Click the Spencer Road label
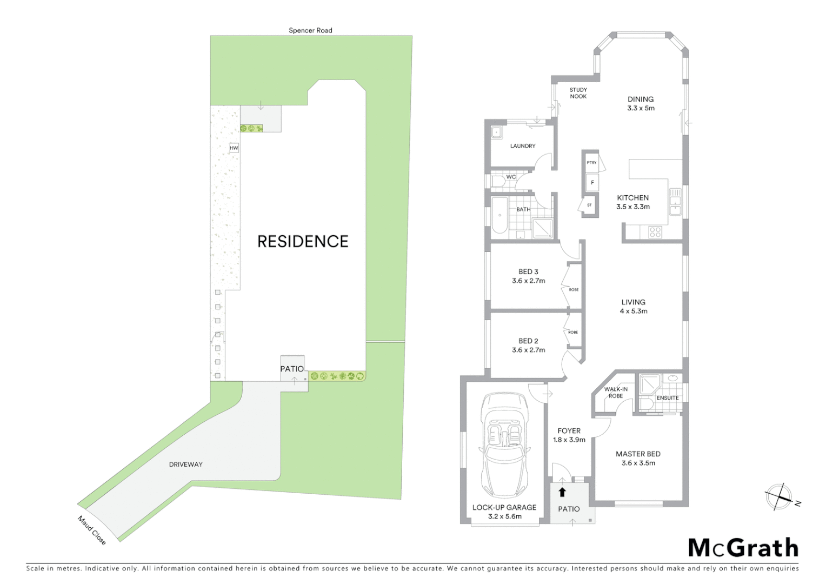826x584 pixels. point(310,30)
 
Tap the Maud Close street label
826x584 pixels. point(92,530)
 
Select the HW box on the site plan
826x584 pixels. point(234,148)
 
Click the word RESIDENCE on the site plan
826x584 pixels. point(303,241)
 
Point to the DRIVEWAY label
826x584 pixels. point(185,464)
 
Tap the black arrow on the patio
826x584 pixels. point(562,492)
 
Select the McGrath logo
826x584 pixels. point(743,548)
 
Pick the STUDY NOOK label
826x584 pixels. point(578,93)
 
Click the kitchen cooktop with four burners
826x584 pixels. point(655,232)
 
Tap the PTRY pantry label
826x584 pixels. point(591,163)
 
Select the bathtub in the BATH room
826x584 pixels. point(499,215)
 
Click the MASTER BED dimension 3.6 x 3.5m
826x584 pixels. point(638,463)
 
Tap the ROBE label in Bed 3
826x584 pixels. point(574,290)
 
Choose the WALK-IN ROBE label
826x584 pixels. point(616,393)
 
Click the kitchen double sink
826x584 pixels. point(675,201)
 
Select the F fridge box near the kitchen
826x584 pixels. point(592,183)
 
